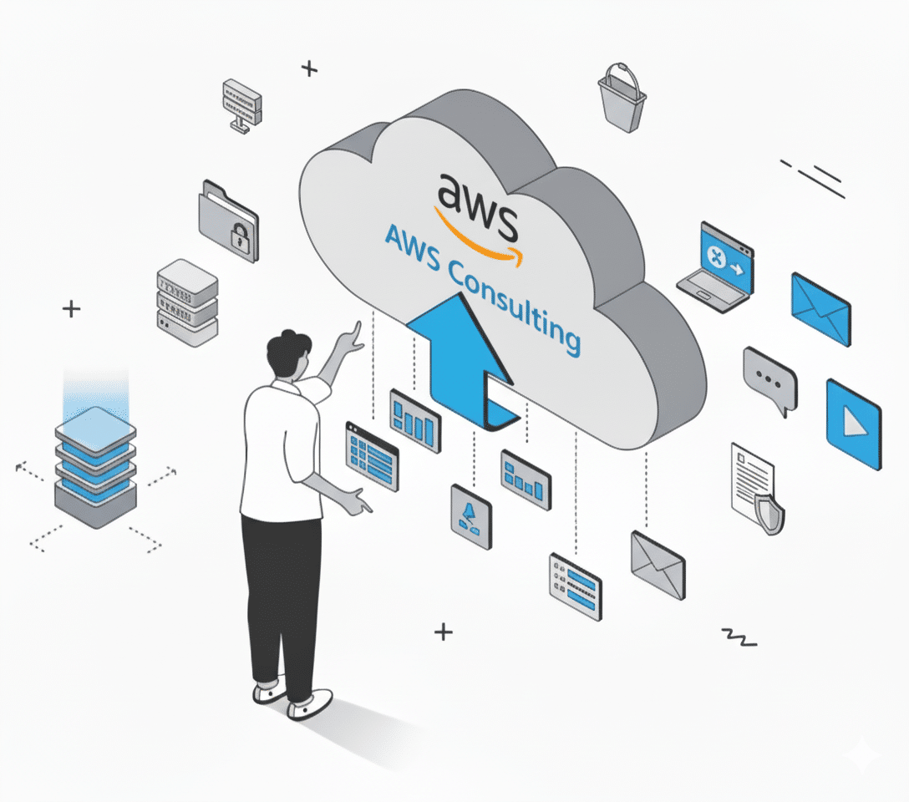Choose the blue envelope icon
(820, 310)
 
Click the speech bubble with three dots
(769, 381)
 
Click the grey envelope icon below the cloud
(658, 565)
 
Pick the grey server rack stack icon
(187, 302)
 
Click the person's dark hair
(288, 352)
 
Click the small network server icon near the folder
(241, 104)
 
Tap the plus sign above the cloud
(310, 69)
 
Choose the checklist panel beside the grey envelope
(575, 586)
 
